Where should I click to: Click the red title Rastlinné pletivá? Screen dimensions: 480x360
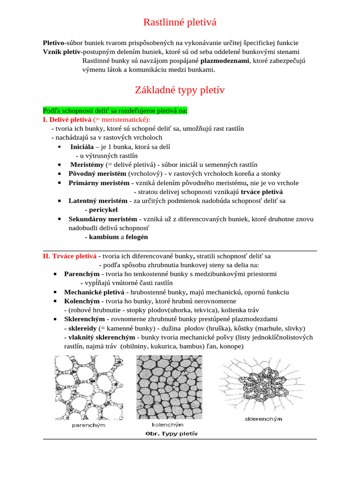[x=180, y=22]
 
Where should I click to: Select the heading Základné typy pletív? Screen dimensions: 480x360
[x=180, y=90]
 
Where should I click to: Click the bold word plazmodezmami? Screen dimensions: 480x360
[x=225, y=60]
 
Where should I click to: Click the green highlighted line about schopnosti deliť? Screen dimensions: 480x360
[x=115, y=111]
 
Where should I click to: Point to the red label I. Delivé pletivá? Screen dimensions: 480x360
[x=67, y=120]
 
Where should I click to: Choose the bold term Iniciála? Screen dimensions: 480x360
[x=82, y=147]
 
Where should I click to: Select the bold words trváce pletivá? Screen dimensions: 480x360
[x=262, y=192]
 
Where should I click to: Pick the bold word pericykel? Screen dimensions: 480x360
[x=104, y=210]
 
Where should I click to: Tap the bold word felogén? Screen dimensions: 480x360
[x=137, y=237]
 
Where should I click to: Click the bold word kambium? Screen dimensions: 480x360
[x=104, y=237]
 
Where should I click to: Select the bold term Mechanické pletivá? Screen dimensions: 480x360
[x=92, y=292]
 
